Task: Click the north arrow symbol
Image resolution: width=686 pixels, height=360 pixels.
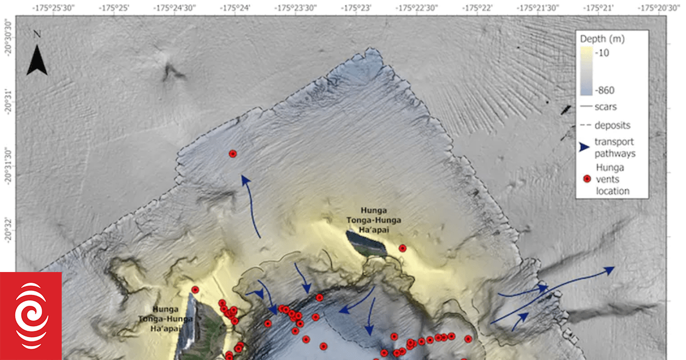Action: click(37, 60)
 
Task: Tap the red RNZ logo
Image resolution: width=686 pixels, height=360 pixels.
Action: click(31, 316)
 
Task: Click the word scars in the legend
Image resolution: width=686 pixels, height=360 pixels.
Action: click(605, 106)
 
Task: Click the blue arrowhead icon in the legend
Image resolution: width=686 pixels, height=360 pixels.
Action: click(584, 147)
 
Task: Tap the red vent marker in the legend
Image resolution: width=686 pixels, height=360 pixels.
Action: click(586, 179)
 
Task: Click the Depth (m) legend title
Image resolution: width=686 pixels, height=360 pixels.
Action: click(603, 39)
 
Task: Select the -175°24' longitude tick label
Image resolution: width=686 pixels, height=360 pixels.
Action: click(234, 9)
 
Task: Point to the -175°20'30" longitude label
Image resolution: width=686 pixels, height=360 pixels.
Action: click(660, 9)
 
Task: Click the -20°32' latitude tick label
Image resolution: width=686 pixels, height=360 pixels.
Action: click(9, 234)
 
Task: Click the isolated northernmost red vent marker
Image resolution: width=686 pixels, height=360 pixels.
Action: click(233, 154)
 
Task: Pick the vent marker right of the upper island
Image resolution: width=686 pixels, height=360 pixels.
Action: click(402, 248)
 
